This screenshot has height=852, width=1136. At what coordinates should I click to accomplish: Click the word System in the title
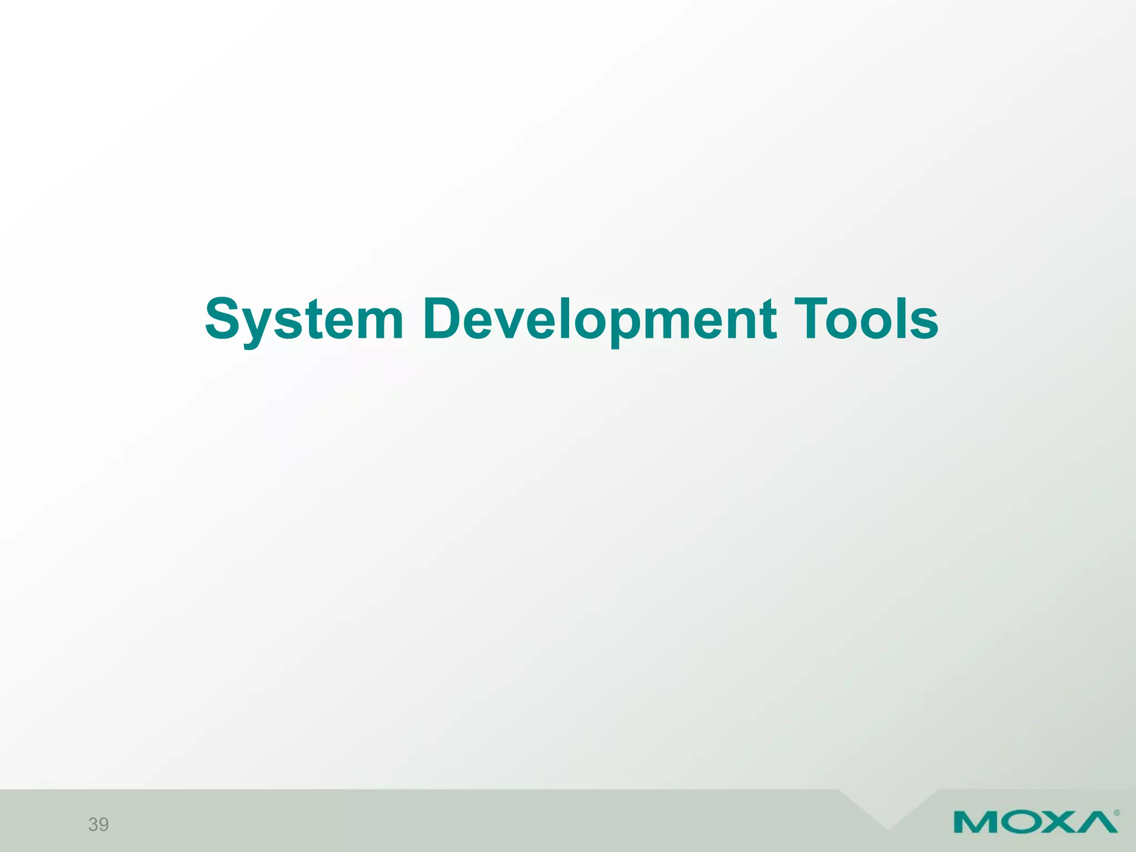click(x=304, y=320)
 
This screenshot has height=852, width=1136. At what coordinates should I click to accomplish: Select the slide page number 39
click(x=99, y=824)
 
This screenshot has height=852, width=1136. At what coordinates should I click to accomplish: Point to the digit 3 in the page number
click(x=93, y=824)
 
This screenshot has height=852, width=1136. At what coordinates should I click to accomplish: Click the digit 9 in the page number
click(x=104, y=824)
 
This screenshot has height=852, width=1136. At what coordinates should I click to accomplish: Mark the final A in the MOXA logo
click(x=1097, y=822)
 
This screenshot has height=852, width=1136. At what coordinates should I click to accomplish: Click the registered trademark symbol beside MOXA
click(x=1117, y=813)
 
